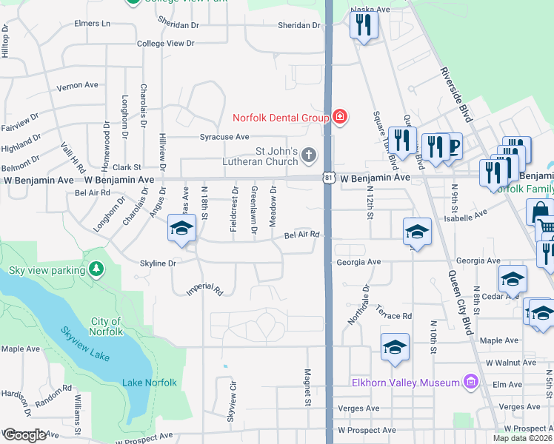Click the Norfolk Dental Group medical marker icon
click(340, 117)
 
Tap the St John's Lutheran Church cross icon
click(309, 155)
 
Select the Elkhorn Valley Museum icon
click(470, 382)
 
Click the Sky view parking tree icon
click(96, 270)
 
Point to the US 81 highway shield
click(329, 178)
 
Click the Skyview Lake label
click(85, 344)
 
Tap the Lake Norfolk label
click(149, 383)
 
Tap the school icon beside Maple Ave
click(396, 346)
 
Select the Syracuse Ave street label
click(224, 137)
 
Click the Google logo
click(24, 435)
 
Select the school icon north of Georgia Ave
click(417, 231)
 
